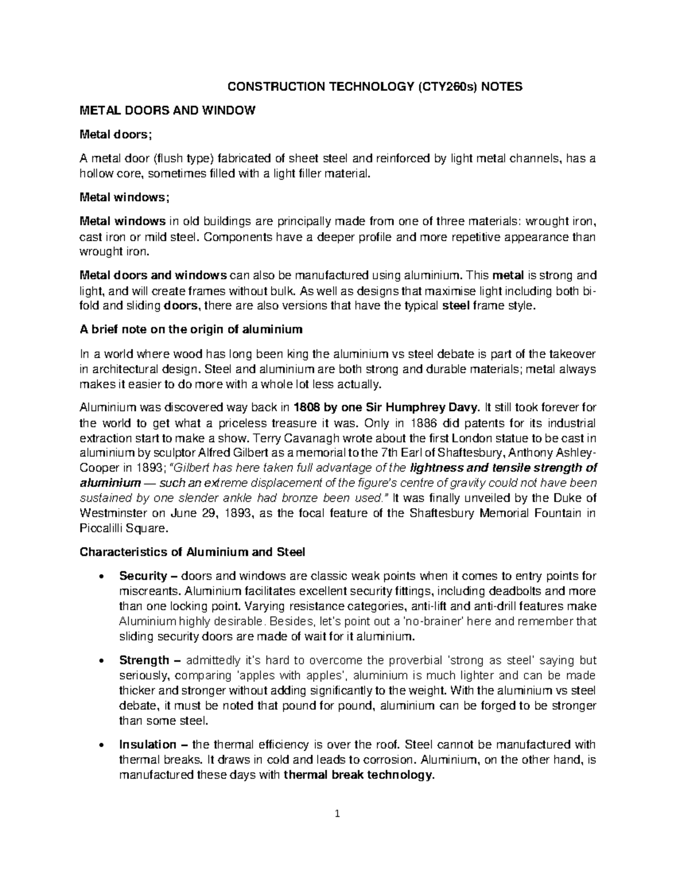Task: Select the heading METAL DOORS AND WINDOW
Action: click(x=167, y=110)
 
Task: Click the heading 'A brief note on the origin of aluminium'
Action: click(x=192, y=329)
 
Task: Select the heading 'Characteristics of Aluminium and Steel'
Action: click(x=193, y=552)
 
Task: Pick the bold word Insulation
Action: click(x=146, y=744)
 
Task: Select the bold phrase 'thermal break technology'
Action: click(x=358, y=775)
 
